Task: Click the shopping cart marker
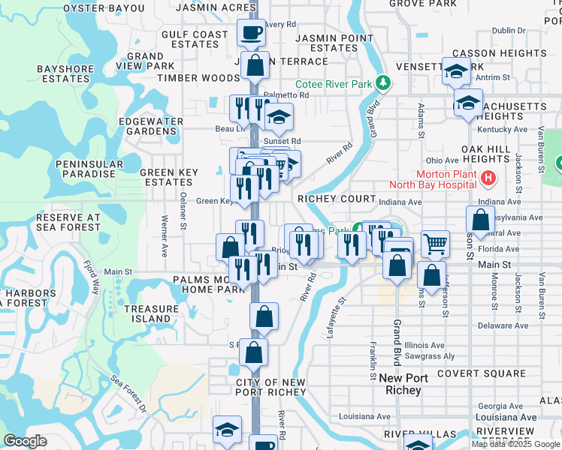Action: [x=435, y=244]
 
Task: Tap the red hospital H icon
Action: [x=488, y=178]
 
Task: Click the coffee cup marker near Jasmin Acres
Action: [x=251, y=32]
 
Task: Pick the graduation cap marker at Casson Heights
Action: [x=455, y=70]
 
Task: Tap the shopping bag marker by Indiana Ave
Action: [x=480, y=220]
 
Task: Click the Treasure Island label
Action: [x=147, y=313]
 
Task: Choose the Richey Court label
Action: [x=336, y=199]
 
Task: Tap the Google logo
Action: [x=25, y=441]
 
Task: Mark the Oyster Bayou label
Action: [x=104, y=8]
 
